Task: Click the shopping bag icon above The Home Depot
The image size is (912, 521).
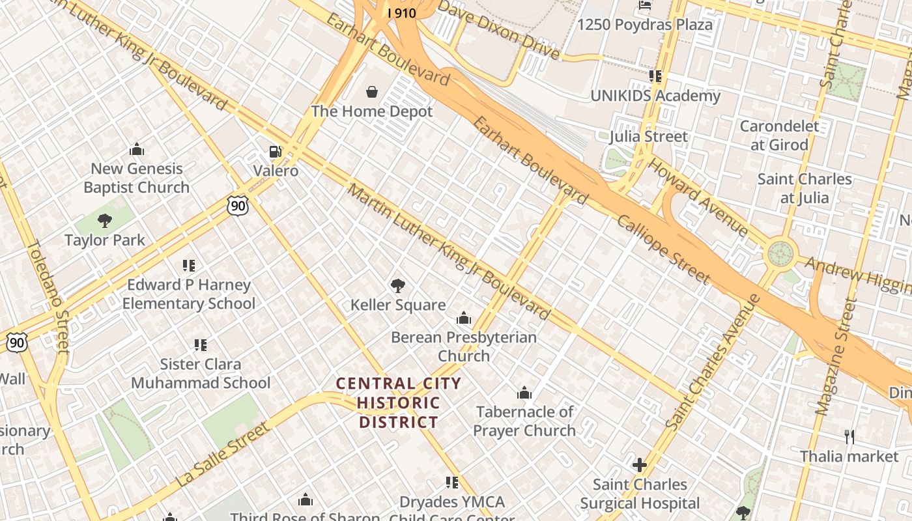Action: coord(372,92)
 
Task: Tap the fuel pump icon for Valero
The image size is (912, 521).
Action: coord(276,152)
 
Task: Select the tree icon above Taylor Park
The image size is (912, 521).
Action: coord(105,221)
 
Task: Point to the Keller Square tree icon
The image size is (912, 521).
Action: coord(397,285)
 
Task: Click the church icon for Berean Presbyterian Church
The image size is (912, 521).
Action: coord(464,318)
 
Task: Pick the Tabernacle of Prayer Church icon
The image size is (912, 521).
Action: coord(524,393)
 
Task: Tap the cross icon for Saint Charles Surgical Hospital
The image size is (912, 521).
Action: coord(640,465)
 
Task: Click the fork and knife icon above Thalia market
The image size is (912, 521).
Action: coord(849,437)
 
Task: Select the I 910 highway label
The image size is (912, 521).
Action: coord(401,13)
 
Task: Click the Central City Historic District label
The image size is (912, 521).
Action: coord(399,402)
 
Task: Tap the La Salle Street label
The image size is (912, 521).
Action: coord(223,455)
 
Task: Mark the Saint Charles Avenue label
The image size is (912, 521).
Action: coord(714,362)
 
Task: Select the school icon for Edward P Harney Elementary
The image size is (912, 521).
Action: coord(189,266)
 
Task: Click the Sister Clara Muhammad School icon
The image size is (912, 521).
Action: coord(201,345)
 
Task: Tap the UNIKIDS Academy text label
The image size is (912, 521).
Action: coord(655,96)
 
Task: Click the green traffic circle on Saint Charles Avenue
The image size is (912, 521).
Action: coord(781,253)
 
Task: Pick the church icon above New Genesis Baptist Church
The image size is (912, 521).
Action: coord(137,150)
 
